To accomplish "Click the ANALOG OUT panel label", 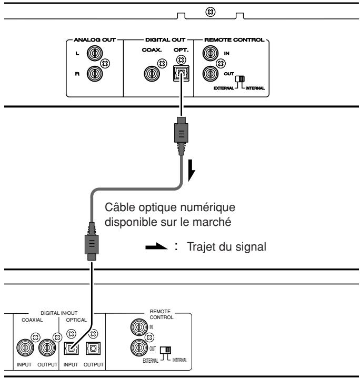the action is [95, 40].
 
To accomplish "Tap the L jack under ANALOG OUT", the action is [95, 53].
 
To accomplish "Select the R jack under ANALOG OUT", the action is [95, 74].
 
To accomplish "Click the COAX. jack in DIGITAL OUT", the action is [152, 74].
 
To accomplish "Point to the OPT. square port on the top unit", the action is [181, 73].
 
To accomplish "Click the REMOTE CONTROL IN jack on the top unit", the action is [211, 53].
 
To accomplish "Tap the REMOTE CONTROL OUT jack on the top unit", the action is [211, 74].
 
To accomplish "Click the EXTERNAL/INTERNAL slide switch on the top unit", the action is [240, 79].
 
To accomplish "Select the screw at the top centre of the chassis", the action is [211, 12].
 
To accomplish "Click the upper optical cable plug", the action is [181, 136].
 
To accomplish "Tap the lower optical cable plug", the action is [92, 241].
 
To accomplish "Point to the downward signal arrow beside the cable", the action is [192, 170].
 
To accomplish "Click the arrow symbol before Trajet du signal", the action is [156, 246].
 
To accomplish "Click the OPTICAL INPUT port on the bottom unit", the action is [72, 349].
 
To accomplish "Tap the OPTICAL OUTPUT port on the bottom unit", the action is [93, 349].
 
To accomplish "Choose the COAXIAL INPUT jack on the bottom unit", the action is [25, 347].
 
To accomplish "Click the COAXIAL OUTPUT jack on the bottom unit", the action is [47, 347].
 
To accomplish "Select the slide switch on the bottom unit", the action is [166, 350].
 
